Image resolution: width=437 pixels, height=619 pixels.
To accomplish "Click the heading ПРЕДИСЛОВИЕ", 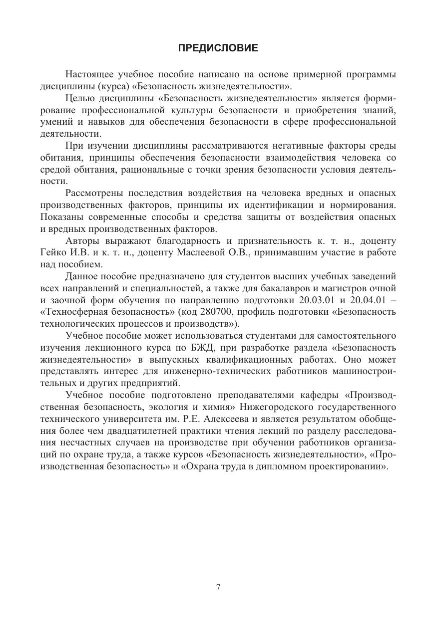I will [218, 48].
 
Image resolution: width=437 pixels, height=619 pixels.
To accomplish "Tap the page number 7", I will [218, 587].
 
